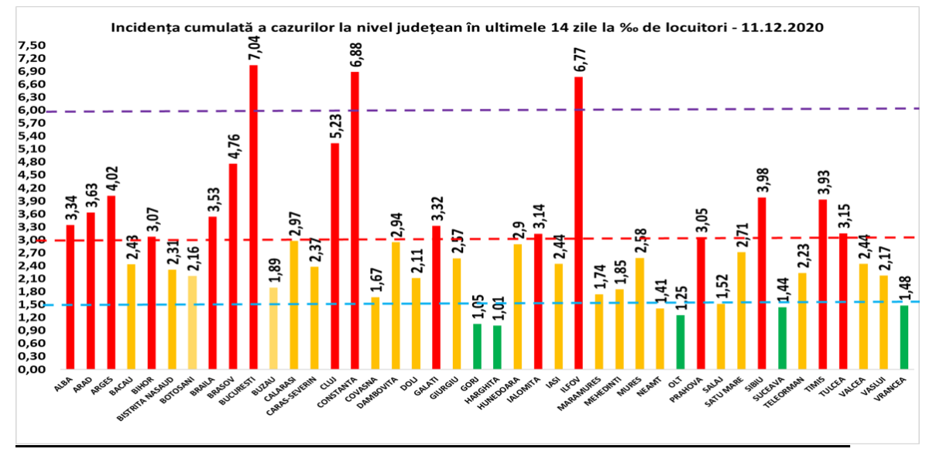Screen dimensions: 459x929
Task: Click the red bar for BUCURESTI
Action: tap(253, 217)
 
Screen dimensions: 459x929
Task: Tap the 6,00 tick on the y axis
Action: tap(31, 110)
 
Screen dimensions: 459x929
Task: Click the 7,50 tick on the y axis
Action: tap(31, 45)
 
